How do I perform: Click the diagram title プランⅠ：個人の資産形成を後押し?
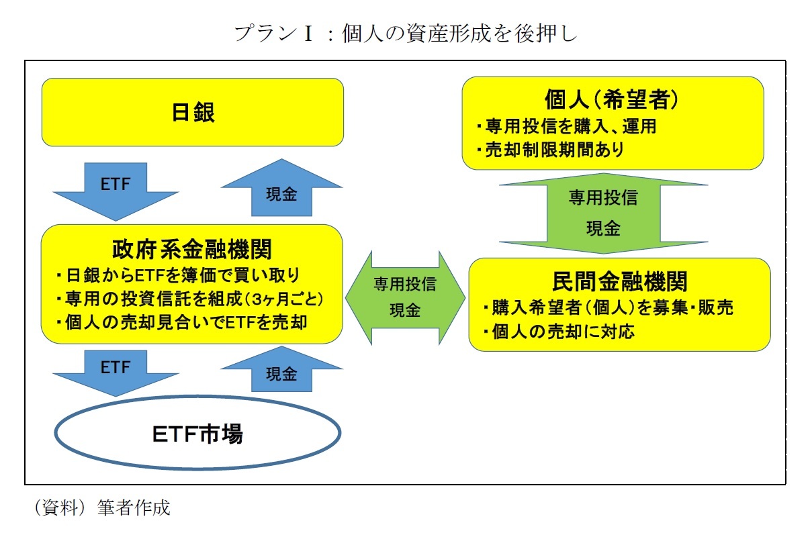tap(405, 34)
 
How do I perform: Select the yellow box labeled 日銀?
tap(193, 112)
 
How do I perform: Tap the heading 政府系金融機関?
tap(193, 249)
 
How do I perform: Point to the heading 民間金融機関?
tap(619, 281)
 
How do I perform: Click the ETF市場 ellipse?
tap(197, 435)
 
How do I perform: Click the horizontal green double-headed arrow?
tap(405, 297)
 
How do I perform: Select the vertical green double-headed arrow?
tap(603, 213)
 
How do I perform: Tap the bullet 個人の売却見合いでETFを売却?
tap(182, 322)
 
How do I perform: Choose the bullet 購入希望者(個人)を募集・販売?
tap(608, 308)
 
